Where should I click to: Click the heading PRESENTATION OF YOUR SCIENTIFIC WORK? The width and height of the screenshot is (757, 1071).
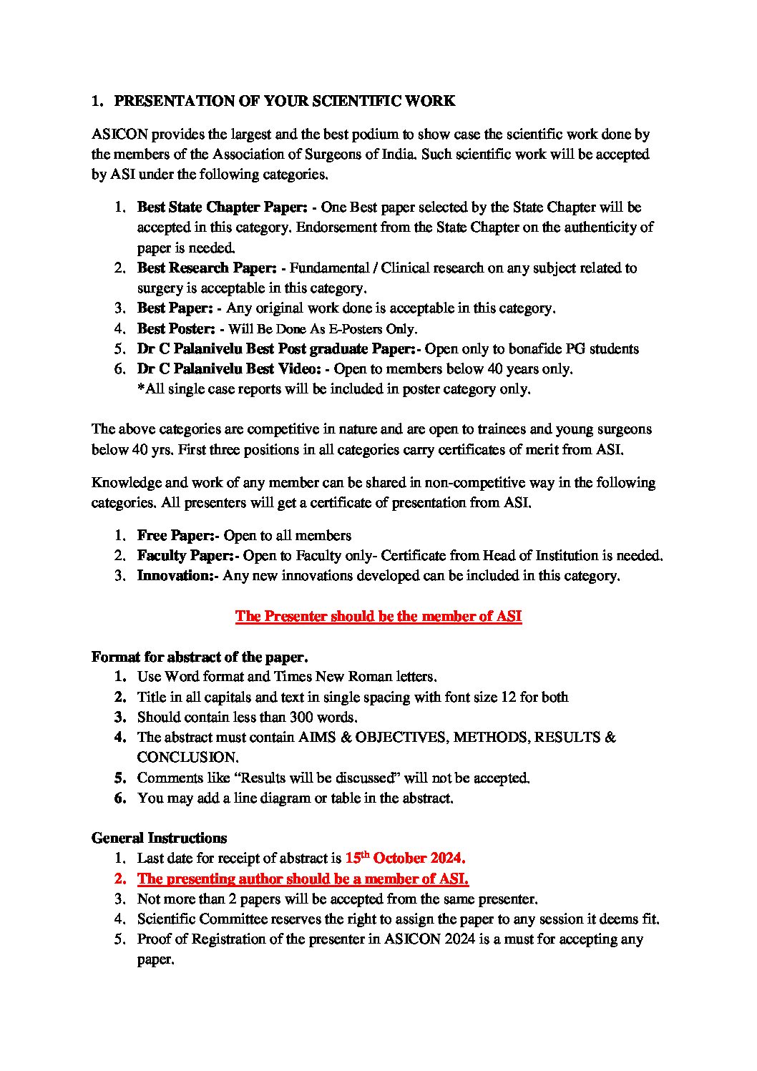[284, 101]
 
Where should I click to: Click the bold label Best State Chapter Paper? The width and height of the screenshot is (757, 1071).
[222, 207]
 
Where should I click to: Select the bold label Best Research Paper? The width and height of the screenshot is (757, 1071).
[207, 268]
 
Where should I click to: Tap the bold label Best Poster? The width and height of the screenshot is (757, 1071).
[176, 329]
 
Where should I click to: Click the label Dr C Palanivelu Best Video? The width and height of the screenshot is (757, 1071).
[229, 369]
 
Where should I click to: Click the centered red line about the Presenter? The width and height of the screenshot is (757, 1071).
[378, 617]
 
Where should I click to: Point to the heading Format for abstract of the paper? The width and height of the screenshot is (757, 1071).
[200, 657]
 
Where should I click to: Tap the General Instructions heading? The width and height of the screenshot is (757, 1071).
[159, 838]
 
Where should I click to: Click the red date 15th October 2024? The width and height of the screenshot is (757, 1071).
[405, 858]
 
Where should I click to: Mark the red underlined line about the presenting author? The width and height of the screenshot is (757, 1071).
[303, 879]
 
